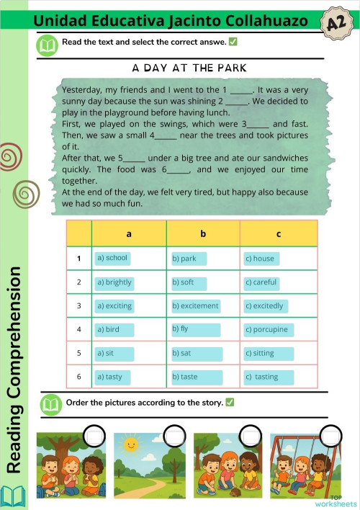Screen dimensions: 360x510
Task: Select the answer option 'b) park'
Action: [x=189, y=259]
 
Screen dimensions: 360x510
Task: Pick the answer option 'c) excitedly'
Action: [x=266, y=306]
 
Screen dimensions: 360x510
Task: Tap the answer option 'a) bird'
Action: [x=114, y=330]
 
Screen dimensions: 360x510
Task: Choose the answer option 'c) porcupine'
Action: [x=268, y=330]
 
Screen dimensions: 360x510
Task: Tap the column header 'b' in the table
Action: [x=203, y=234]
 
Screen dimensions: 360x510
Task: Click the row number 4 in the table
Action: [x=78, y=330]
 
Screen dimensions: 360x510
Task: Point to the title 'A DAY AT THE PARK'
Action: [x=190, y=68]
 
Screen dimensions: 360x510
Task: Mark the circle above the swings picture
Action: [x=330, y=436]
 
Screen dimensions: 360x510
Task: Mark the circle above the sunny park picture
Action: [x=174, y=436]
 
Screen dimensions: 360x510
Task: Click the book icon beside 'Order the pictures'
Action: [x=48, y=403]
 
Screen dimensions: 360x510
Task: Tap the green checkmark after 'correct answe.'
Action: [x=233, y=42]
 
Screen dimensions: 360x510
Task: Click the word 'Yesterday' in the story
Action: [x=83, y=90]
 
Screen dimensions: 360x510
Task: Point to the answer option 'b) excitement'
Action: [x=196, y=306]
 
